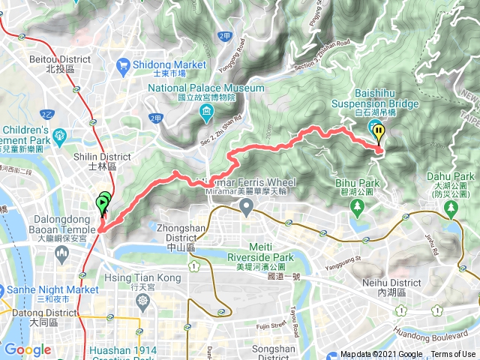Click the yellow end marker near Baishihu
(379, 133)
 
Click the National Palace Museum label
(206, 92)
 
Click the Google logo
(28, 349)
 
